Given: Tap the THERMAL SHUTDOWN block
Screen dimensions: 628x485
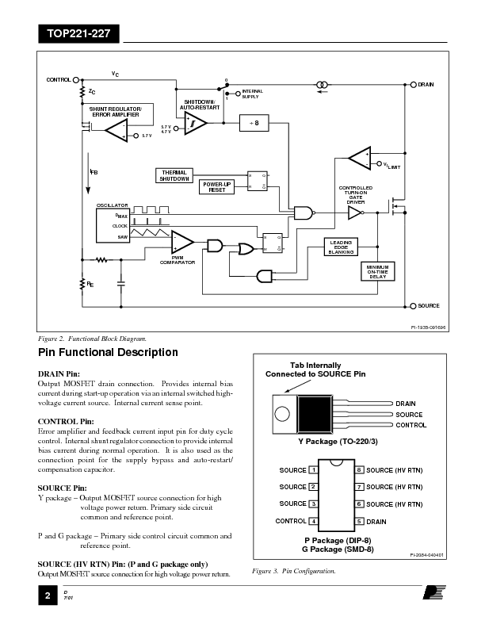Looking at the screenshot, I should pyautogui.click(x=174, y=175).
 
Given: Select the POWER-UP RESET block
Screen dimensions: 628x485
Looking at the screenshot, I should pyautogui.click(x=217, y=187).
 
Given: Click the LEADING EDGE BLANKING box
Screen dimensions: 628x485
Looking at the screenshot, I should pyautogui.click(x=341, y=247).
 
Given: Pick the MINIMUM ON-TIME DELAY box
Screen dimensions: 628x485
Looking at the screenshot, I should pyautogui.click(x=377, y=271).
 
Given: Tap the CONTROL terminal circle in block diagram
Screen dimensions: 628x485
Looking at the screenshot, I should pyautogui.click(x=76, y=80).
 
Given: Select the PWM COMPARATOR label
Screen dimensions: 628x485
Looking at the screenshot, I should pyautogui.click(x=183, y=260).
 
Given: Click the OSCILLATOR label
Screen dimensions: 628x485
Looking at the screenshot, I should pyautogui.click(x=112, y=205).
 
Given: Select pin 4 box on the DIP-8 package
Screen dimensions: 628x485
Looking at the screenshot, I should pyautogui.click(x=314, y=521).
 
